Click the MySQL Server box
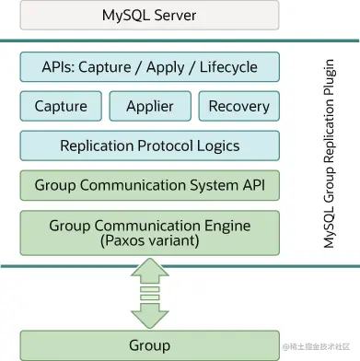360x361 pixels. (x=149, y=16)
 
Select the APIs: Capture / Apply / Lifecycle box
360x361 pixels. (x=149, y=67)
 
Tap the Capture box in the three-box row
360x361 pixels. (x=61, y=106)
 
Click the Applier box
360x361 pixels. (x=149, y=106)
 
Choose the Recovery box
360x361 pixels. (x=238, y=106)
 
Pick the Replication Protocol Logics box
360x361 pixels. (x=149, y=146)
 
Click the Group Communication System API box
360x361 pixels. (x=149, y=185)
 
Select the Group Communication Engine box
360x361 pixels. (x=149, y=232)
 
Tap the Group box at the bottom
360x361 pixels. (x=149, y=345)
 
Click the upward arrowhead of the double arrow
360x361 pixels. (x=149, y=269)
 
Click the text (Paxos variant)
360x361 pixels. (x=149, y=241)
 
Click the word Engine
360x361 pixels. (x=226, y=225)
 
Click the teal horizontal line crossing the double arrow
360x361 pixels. (x=55, y=267)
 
